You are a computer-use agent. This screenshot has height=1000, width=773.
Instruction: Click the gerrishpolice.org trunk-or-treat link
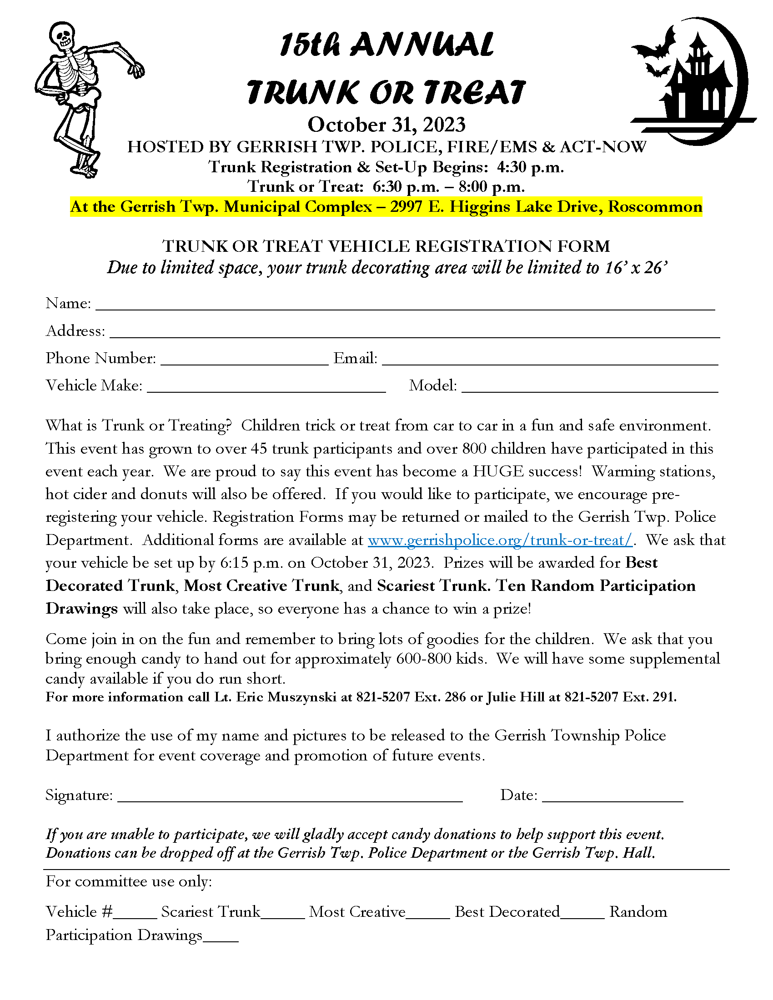[500, 540]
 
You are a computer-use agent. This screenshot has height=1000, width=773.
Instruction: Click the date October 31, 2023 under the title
[386, 125]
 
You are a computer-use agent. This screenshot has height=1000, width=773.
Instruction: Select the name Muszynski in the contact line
[302, 697]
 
